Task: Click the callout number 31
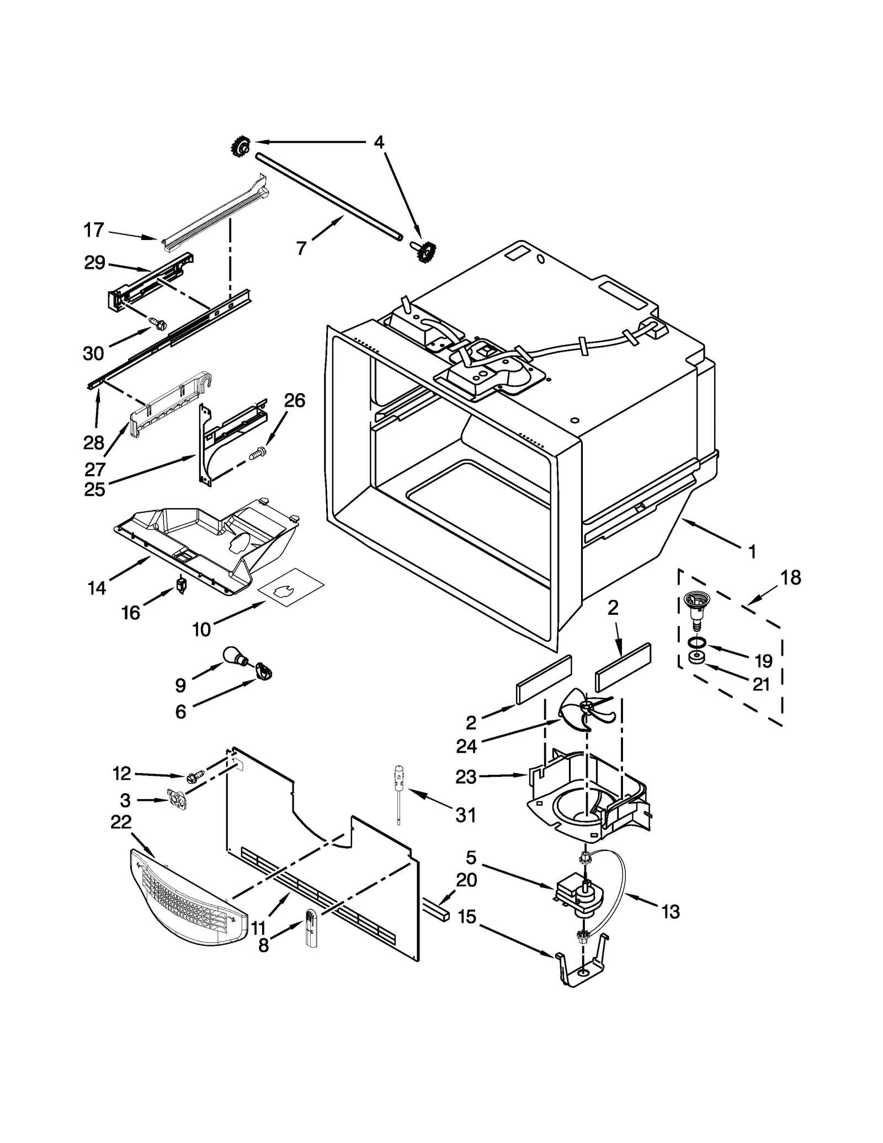click(x=466, y=815)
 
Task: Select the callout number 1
click(x=752, y=551)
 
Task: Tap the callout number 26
click(x=295, y=401)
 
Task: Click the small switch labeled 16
click(x=180, y=584)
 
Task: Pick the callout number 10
click(x=201, y=629)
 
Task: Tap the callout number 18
click(x=790, y=578)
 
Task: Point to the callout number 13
click(x=671, y=912)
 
